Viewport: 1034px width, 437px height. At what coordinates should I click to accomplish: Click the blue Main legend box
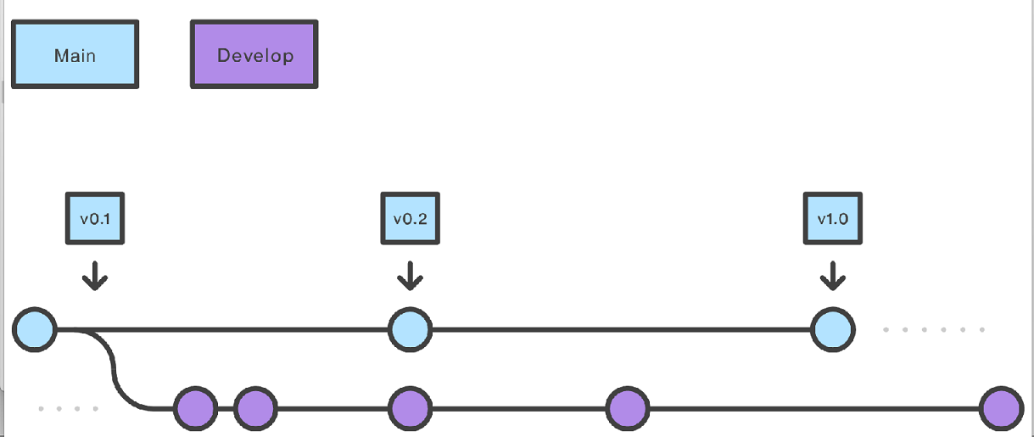pos(75,55)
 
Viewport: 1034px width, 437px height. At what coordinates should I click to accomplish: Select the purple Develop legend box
pos(254,55)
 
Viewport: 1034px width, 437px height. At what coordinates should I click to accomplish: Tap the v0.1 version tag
pos(95,218)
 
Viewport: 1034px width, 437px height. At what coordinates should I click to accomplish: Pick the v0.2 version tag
pos(410,218)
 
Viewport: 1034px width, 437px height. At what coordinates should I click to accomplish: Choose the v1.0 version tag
pos(832,218)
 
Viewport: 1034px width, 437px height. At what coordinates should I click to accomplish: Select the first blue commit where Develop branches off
pos(35,328)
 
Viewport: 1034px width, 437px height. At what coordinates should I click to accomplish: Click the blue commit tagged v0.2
pos(410,328)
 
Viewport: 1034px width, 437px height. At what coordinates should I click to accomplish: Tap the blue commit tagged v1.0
pos(832,328)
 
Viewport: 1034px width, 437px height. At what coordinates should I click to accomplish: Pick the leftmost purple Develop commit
pos(195,409)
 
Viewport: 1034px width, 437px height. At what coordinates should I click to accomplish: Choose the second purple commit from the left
pos(255,409)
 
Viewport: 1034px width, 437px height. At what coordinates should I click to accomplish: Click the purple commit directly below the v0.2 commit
pos(410,409)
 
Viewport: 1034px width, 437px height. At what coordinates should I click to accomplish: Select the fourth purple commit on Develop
pos(628,409)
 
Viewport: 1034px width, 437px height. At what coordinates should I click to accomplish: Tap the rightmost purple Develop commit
pos(1001,409)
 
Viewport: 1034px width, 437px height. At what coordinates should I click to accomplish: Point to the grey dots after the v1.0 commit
pos(934,329)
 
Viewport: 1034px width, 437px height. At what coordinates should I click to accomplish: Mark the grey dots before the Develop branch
pos(68,409)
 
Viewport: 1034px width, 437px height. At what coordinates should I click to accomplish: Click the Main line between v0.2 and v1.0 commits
pos(619,328)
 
